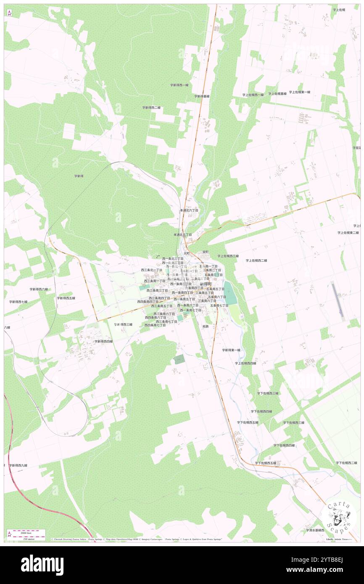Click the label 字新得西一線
[179, 85]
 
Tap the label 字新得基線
[202, 96]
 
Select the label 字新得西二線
[151, 108]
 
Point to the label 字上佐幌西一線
[253, 95]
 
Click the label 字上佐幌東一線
[299, 92]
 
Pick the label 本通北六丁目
[187, 210]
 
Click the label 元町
[187, 253]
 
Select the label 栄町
[205, 252]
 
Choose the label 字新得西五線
[66, 298]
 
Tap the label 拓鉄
[205, 326]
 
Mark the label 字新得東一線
[231, 350]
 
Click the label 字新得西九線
[18, 465]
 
